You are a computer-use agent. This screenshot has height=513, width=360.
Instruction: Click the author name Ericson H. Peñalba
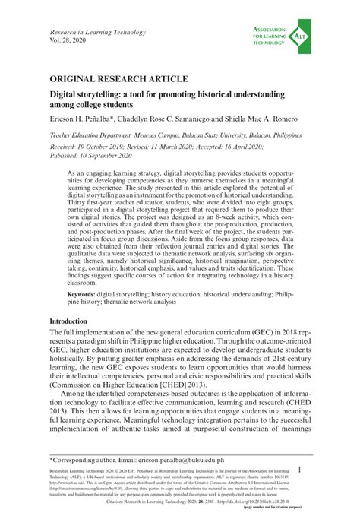(82, 119)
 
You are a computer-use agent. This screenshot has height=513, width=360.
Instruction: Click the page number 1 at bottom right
(302, 471)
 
